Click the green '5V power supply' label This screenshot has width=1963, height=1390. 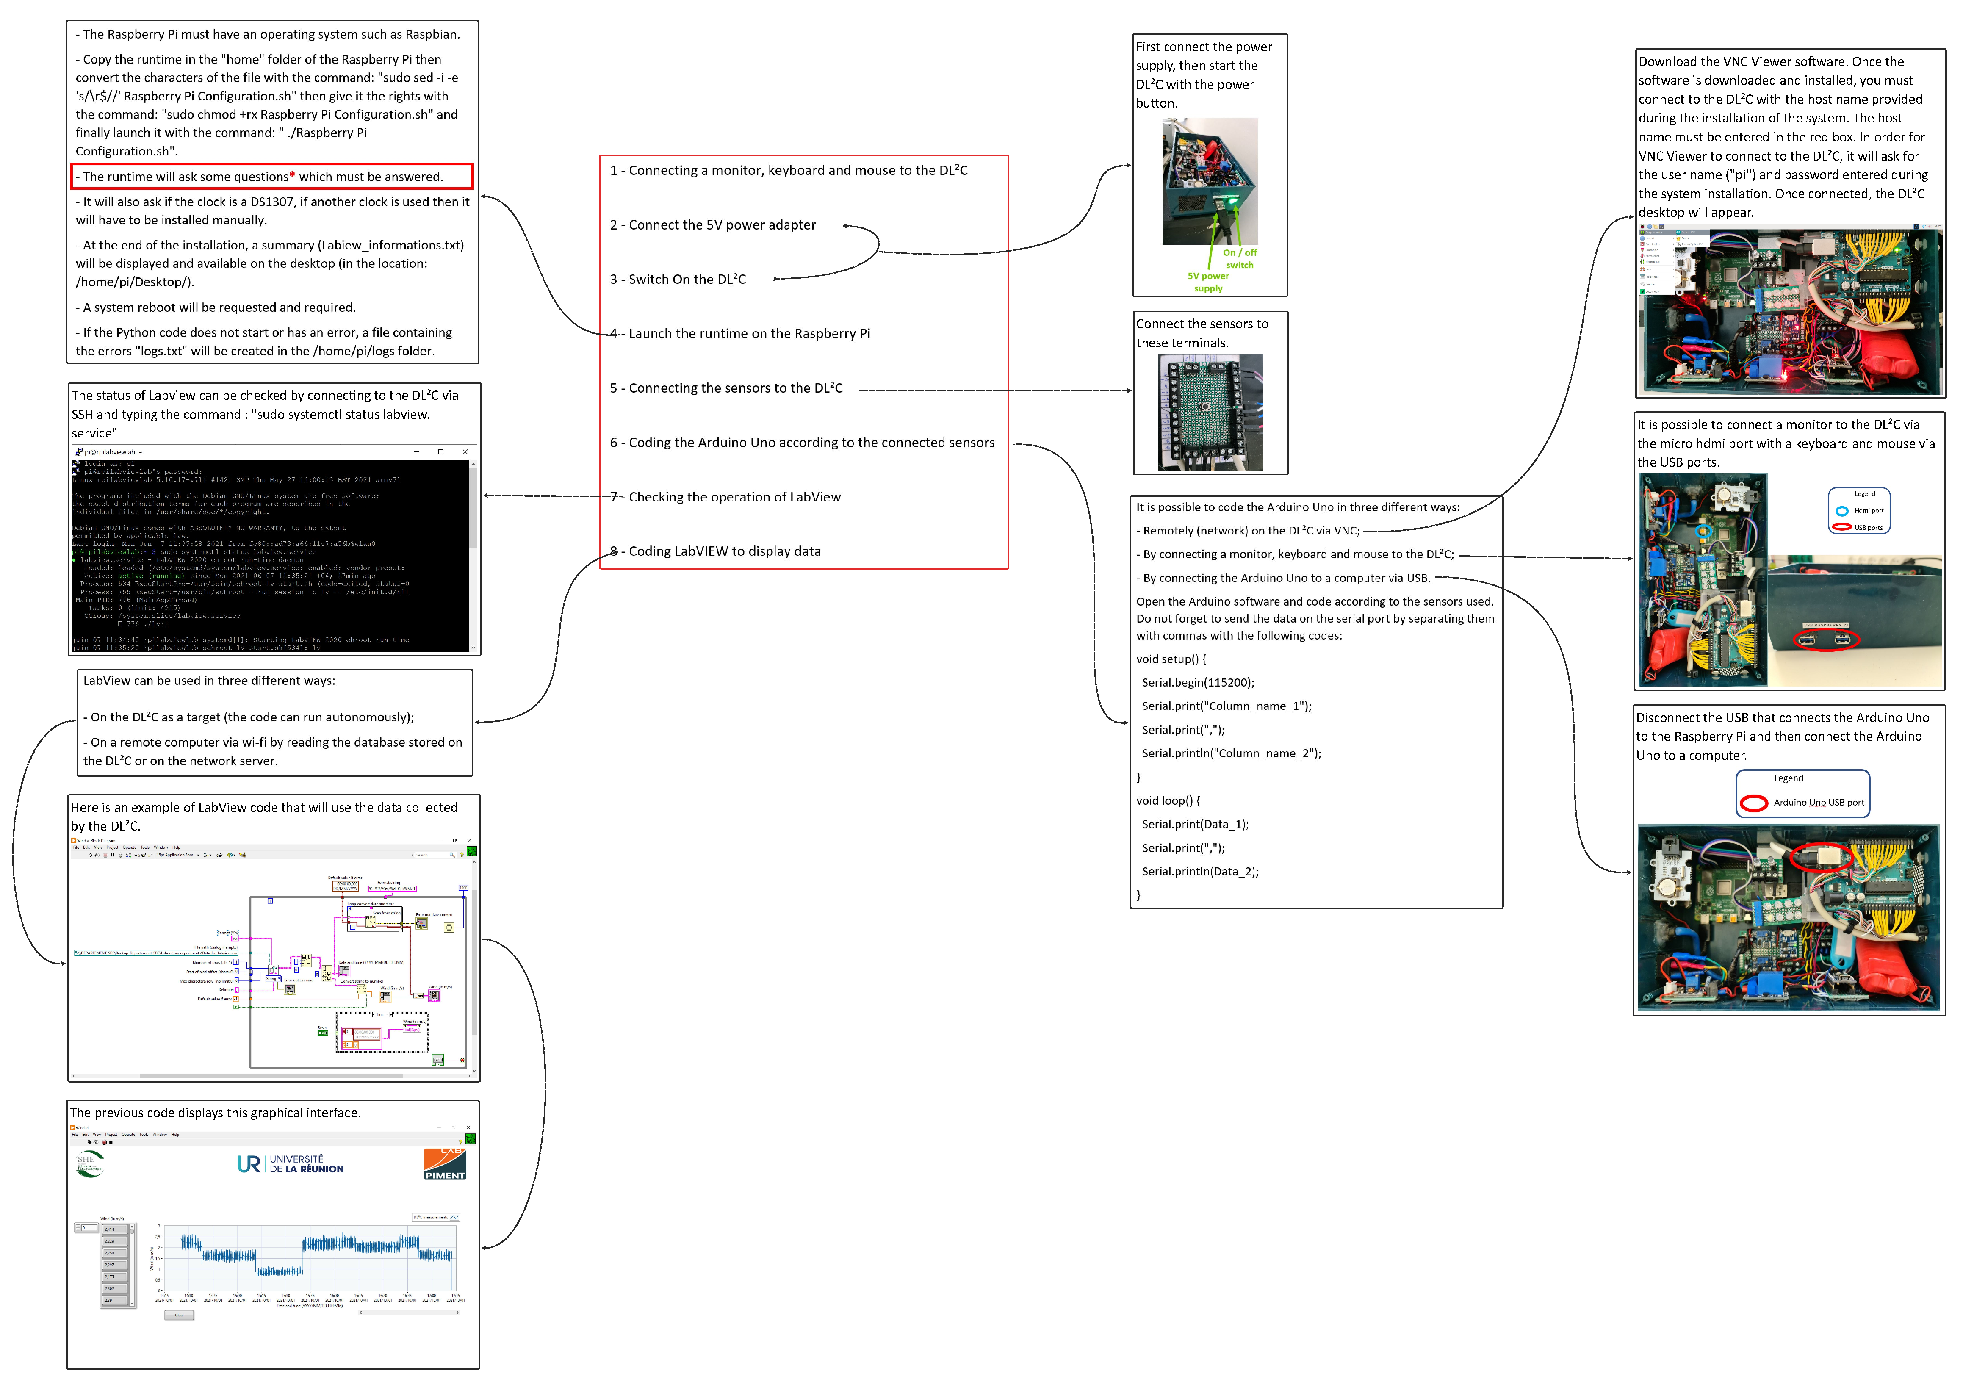pos(1207,282)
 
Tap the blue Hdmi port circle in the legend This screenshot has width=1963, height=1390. pos(1841,511)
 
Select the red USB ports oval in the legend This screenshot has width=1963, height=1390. pos(1841,527)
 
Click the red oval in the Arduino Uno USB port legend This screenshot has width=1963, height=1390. pos(1753,803)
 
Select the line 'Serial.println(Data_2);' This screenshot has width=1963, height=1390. pos(1200,871)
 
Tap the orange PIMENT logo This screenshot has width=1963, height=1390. pos(445,1164)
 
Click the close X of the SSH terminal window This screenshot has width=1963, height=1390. pos(465,452)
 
